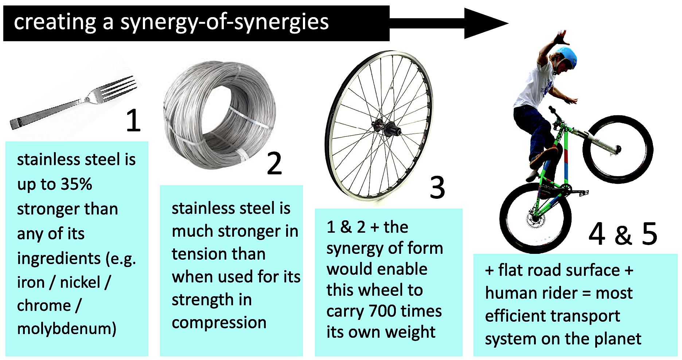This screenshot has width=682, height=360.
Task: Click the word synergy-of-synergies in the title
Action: [x=224, y=22]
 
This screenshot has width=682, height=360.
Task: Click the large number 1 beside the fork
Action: [x=133, y=120]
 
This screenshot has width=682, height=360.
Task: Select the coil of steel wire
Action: [x=219, y=113]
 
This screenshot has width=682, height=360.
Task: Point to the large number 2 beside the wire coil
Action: [x=274, y=163]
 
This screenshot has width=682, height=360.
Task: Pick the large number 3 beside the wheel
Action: [x=437, y=187]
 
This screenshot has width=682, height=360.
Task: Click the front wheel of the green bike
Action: [x=617, y=150]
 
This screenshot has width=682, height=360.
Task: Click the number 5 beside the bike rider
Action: [x=649, y=233]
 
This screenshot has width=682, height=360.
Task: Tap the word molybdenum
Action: [x=66, y=328]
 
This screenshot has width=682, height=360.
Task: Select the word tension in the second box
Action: [x=219, y=254]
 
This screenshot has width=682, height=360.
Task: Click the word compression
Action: [x=219, y=322]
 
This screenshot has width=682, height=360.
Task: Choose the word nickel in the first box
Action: [x=80, y=282]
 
